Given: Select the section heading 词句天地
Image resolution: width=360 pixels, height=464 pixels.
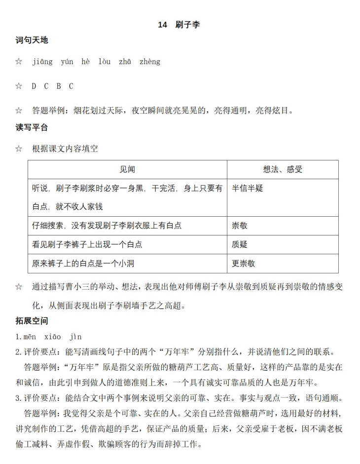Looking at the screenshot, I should point(32,40).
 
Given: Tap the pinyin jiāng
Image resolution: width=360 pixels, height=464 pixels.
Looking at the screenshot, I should point(42,62).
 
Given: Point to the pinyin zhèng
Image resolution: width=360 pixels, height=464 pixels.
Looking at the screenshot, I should point(150,62).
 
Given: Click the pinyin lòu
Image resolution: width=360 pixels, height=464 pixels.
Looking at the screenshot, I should point(105,62).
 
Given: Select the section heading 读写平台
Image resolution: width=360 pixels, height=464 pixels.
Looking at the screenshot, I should point(32,127).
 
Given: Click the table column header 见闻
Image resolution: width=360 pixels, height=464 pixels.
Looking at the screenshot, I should point(127,169).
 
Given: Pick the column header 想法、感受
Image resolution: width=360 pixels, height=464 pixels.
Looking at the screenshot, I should point(283,169).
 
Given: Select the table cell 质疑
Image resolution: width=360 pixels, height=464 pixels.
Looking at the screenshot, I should point(240,244).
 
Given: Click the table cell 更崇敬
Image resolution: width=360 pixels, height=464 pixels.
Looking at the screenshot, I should point(244,263).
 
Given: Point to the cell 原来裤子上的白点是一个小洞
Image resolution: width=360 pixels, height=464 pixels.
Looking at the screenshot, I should point(83,263).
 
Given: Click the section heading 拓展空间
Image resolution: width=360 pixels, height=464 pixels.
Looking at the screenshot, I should point(32,321).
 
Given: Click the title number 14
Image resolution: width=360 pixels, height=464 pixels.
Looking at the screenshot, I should point(163,25).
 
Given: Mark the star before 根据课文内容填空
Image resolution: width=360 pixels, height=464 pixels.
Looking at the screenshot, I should point(19,149).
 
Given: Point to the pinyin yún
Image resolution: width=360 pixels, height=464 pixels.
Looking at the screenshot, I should point(67,62).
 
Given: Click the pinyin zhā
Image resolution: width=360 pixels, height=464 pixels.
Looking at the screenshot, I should point(125,62).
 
